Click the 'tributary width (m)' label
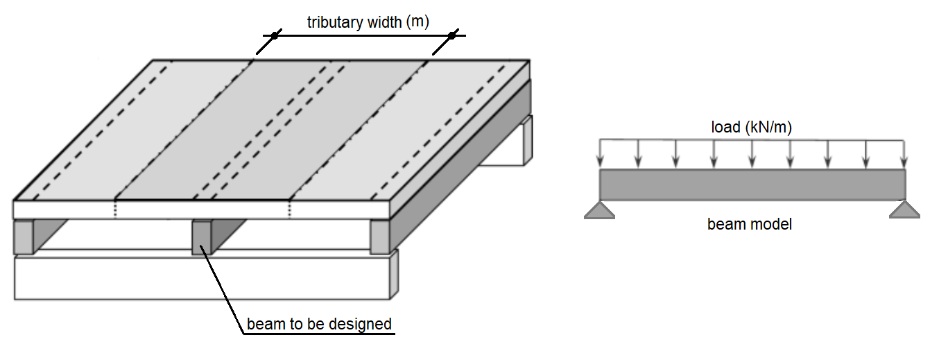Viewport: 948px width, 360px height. click(368, 22)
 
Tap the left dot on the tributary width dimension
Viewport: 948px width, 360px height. click(274, 35)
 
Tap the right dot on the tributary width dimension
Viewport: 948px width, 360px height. click(451, 35)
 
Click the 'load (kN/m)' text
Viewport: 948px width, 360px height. click(752, 127)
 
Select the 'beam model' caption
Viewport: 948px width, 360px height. click(749, 224)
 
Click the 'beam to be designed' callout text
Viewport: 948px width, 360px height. click(319, 324)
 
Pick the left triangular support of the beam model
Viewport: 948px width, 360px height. click(599, 210)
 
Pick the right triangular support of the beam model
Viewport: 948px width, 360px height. click(904, 209)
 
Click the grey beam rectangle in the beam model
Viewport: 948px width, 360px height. click(752, 185)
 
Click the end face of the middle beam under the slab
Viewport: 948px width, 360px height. click(200, 238)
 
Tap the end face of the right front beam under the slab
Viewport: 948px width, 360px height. click(379, 237)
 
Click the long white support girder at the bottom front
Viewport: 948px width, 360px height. click(201, 277)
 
